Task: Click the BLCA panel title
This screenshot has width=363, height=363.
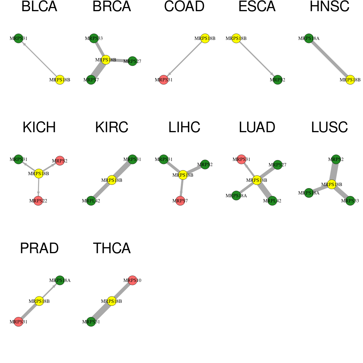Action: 39,6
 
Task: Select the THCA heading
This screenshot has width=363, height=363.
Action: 112,248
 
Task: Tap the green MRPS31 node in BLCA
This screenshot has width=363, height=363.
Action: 18,38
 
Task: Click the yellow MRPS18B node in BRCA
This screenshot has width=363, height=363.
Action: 106,60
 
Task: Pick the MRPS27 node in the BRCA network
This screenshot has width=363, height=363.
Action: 132,61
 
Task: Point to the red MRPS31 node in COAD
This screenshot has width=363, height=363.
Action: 164,80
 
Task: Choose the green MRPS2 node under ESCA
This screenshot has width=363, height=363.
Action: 277,80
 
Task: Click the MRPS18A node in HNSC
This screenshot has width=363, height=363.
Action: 309,38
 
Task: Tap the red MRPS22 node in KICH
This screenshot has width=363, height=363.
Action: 38,201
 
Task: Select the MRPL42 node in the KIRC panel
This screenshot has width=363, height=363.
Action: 91,201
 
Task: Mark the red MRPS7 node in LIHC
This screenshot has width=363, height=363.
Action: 180,201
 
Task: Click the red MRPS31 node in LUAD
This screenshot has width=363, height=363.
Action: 241,159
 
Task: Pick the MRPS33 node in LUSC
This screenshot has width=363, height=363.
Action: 350,201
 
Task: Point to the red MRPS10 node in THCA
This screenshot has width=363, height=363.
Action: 132,280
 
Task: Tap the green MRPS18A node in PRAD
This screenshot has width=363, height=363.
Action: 60,280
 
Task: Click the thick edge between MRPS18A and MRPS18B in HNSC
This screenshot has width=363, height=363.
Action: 329,59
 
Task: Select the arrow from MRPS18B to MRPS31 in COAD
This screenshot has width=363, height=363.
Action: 184,59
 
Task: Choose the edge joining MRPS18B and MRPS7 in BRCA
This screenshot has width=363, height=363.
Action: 98,70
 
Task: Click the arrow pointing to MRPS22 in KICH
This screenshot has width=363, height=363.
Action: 38,187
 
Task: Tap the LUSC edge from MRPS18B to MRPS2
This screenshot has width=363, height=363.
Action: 334,172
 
